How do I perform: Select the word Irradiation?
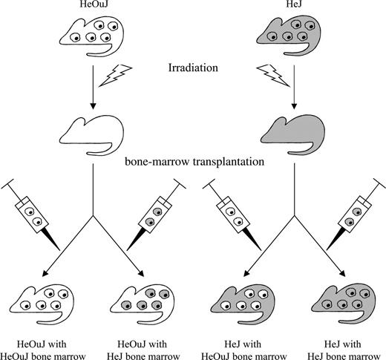pos(192,69)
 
